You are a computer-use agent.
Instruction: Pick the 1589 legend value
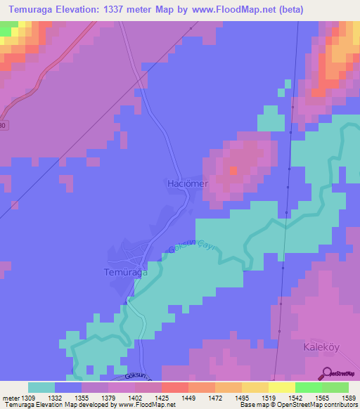348,397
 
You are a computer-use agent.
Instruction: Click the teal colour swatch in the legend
41,387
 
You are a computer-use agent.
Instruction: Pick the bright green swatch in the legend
309,387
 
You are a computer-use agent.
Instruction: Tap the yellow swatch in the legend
255,387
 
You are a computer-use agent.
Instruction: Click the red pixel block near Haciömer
233,170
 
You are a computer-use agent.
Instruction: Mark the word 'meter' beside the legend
11,397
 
